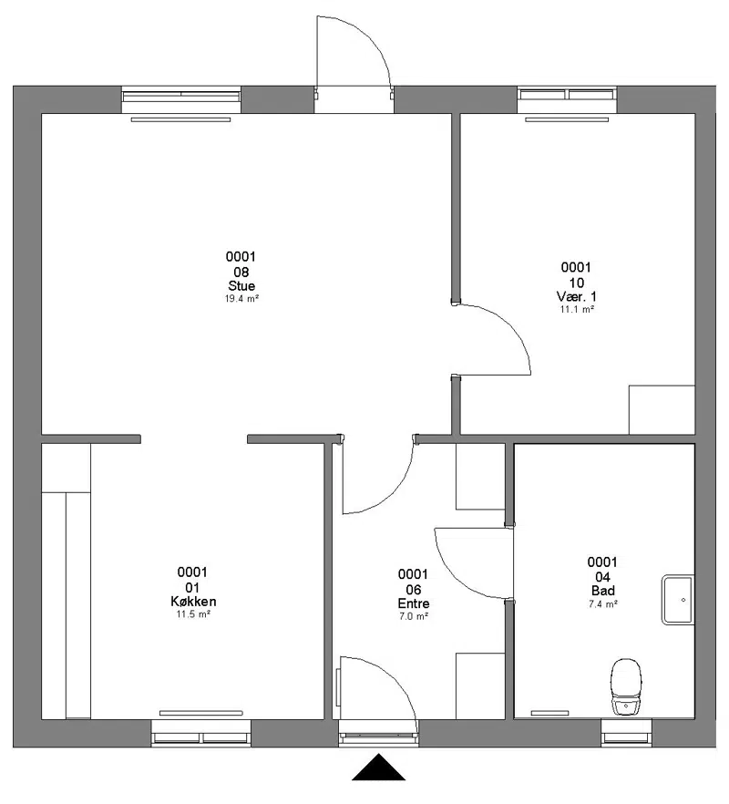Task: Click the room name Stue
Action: click(x=241, y=285)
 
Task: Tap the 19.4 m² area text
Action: click(x=241, y=298)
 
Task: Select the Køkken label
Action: click(x=193, y=601)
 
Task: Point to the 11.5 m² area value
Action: click(x=193, y=613)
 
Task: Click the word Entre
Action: click(x=414, y=603)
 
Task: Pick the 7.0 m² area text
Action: click(x=414, y=616)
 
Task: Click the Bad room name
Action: click(x=603, y=590)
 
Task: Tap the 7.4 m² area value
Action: click(x=603, y=603)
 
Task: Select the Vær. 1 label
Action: click(x=577, y=296)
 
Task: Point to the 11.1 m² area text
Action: click(x=577, y=309)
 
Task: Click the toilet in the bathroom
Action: click(x=626, y=687)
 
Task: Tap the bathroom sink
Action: click(x=678, y=600)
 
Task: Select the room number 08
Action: click(x=241, y=272)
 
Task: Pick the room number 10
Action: click(x=577, y=282)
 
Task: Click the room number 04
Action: click(x=603, y=576)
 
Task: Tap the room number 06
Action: click(x=413, y=589)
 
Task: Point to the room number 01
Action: click(x=192, y=587)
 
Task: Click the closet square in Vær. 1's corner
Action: click(x=662, y=409)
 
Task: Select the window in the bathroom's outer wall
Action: click(x=626, y=733)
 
